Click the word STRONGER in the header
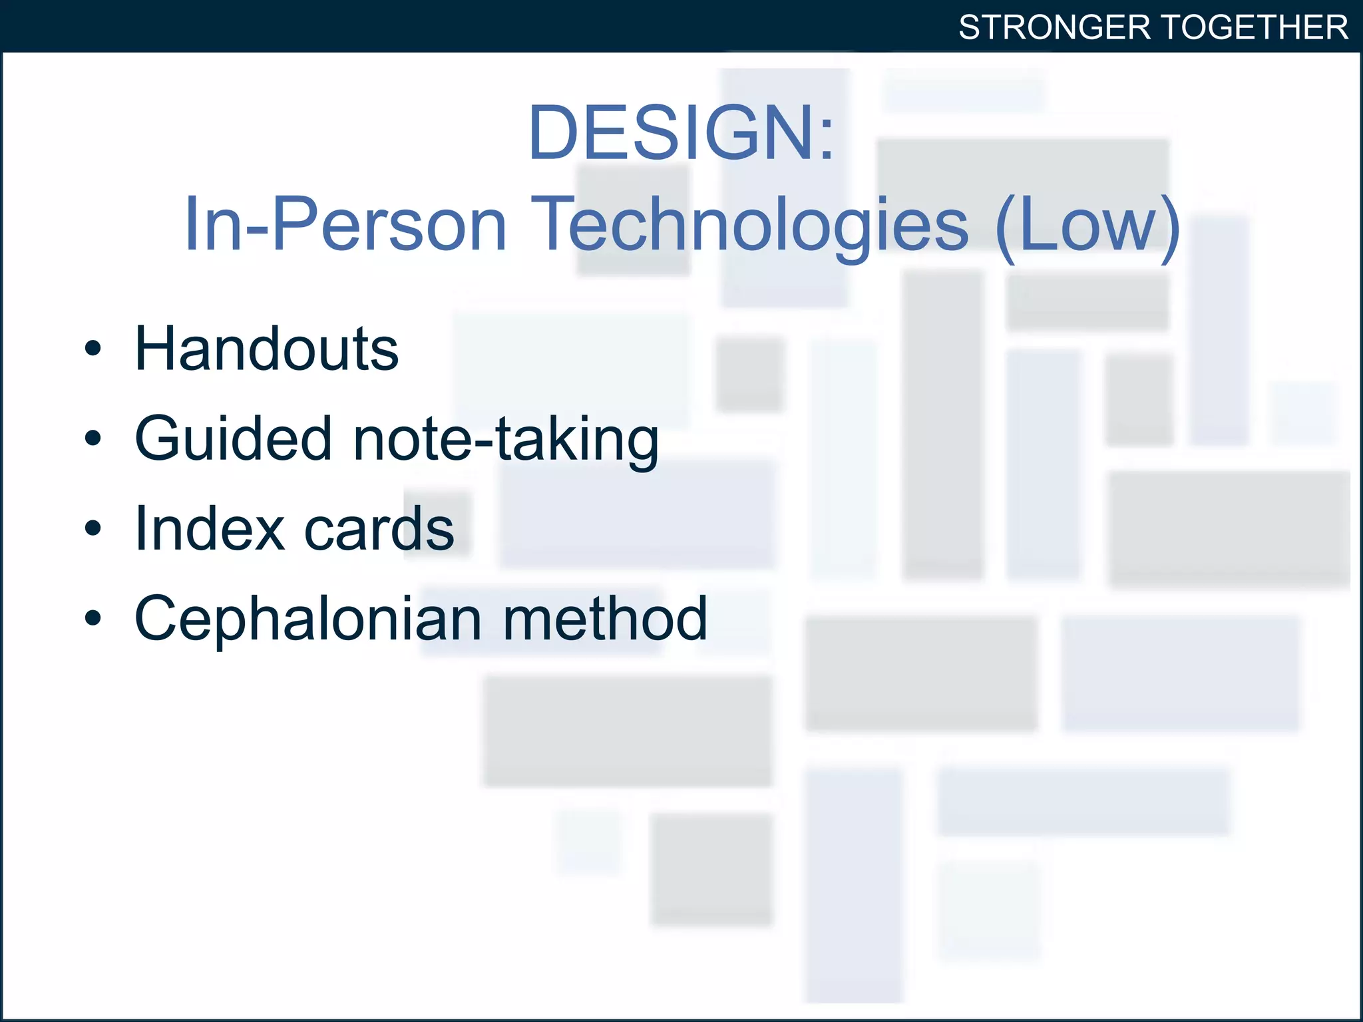tap(1054, 28)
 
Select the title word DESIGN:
tap(680, 133)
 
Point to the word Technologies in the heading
tap(750, 224)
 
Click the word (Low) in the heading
tap(1087, 224)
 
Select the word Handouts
tap(266, 349)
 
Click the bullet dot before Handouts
tap(93, 349)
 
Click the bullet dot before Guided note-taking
tap(93, 438)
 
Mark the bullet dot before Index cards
tap(93, 528)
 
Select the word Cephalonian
tap(307, 619)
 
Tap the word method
tap(604, 619)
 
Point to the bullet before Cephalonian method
tap(93, 618)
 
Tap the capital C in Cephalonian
tap(157, 619)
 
